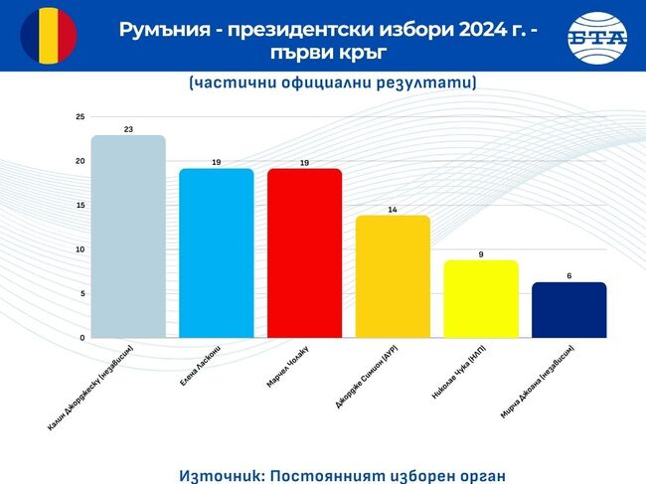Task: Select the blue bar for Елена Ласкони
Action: [x=216, y=253]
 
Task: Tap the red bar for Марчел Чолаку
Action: [x=304, y=253]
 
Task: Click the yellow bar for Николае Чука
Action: [x=481, y=298]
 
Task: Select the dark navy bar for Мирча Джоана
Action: [x=568, y=310]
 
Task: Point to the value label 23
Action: [x=128, y=128]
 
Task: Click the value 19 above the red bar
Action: [x=304, y=162]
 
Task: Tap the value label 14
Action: [x=393, y=209]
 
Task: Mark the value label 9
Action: [x=481, y=254]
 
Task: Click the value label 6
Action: [x=568, y=275]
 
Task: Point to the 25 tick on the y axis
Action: [x=80, y=117]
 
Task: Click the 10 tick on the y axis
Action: [x=80, y=249]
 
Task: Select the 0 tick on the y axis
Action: [x=81, y=338]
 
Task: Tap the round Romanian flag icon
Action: [x=48, y=35]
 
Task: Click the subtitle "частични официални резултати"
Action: [x=331, y=83]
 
